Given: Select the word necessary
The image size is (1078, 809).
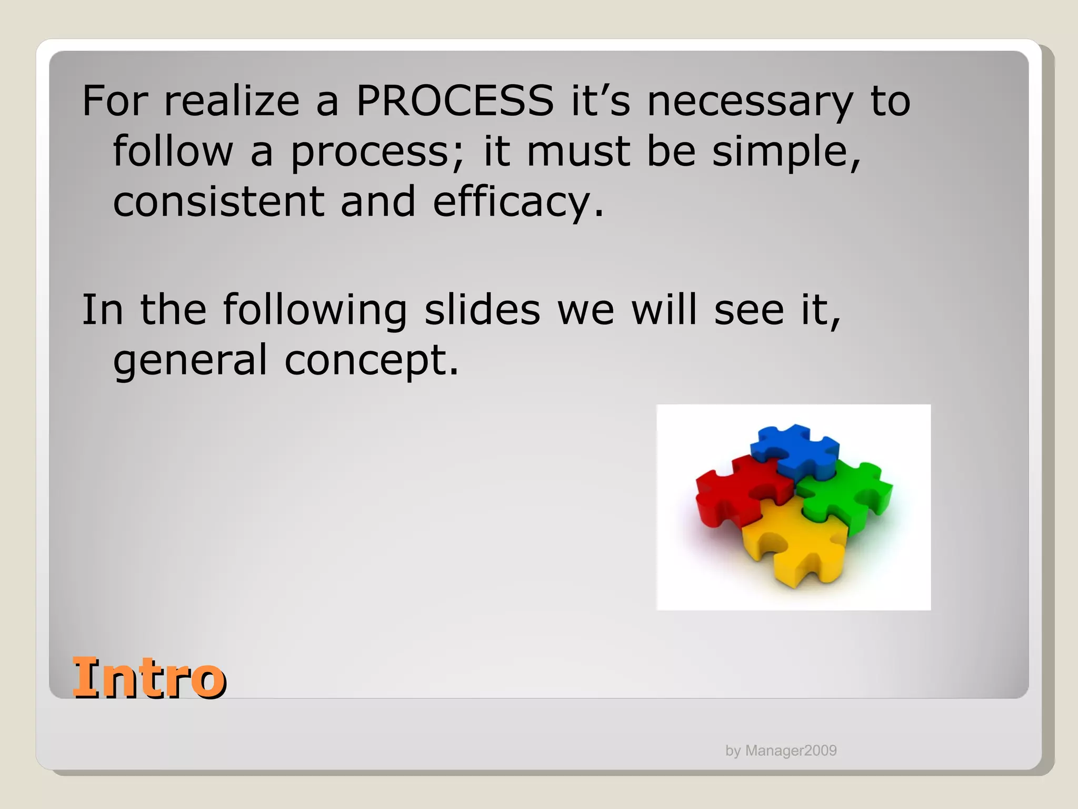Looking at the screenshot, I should (750, 102).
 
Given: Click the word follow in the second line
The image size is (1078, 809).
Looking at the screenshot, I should (173, 151).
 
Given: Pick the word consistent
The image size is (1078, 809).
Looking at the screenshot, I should (218, 202).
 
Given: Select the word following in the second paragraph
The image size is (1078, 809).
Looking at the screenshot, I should (314, 310).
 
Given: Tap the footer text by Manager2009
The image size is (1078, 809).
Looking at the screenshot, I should (781, 751).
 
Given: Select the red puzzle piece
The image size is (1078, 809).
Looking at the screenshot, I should (737, 490).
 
